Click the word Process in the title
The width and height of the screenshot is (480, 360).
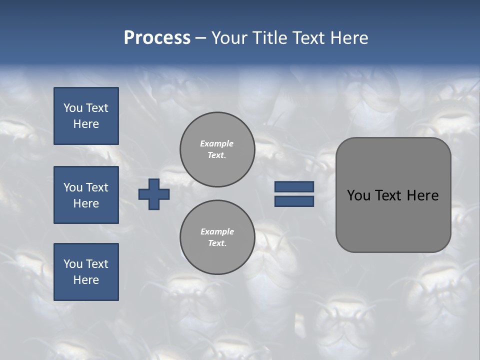pos(157,38)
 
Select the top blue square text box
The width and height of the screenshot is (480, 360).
pos(86,116)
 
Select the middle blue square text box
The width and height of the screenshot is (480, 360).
pos(86,195)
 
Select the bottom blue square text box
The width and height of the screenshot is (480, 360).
pos(86,272)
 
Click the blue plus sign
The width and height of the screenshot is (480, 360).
pos(153,194)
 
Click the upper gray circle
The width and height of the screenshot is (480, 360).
pos(217,149)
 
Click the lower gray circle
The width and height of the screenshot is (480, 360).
pos(217,237)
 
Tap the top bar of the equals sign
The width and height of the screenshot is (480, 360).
pos(294,186)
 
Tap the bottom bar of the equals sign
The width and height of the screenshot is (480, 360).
pos(294,201)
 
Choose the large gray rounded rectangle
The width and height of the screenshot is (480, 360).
pos(393,220)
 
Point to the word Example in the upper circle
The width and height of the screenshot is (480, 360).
pos(217,144)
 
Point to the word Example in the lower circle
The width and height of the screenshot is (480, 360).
pos(217,232)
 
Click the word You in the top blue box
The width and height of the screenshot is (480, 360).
pos(72,108)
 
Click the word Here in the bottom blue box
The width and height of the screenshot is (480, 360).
pos(86,280)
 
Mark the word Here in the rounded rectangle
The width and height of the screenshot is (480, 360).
pos(422,195)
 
